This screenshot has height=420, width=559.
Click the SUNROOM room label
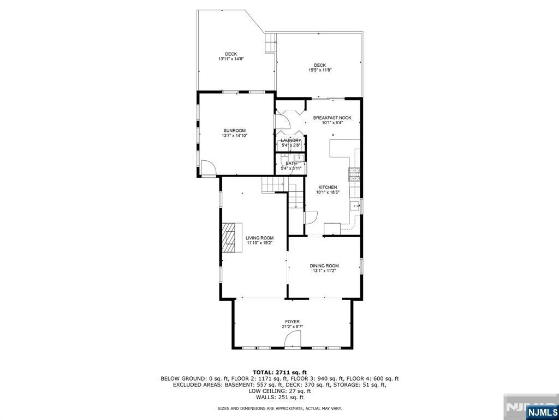pos(235,131)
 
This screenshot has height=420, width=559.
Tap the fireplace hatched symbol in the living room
pos(232,237)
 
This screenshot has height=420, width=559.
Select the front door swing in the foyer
pos(292,341)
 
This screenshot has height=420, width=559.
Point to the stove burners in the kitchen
pos(354,175)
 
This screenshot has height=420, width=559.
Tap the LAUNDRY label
pos(291,141)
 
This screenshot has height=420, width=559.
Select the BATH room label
pos(291,163)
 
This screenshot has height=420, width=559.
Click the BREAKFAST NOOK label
pos(332,118)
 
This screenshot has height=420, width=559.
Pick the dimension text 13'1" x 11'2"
pos(324,271)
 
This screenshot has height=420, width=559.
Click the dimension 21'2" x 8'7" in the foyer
pos(292,326)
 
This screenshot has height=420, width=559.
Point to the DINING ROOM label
pos(324,266)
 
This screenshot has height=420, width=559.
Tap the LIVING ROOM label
pos(259,238)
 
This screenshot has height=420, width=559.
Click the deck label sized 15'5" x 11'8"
pos(320,65)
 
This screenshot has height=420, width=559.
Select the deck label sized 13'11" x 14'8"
pos(231,54)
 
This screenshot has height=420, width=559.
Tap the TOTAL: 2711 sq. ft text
pos(279,372)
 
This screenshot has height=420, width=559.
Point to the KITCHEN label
pos(328,187)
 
